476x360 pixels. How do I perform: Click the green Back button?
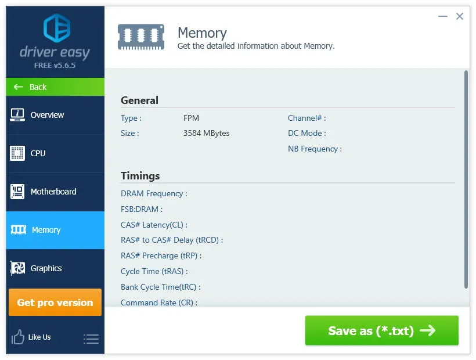pos(55,87)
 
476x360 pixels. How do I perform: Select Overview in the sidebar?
pos(55,115)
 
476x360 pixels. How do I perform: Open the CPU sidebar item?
pos(55,153)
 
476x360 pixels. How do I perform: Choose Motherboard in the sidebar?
pos(55,192)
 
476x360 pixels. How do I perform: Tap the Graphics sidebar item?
pos(55,268)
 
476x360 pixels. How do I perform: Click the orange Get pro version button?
pos(55,303)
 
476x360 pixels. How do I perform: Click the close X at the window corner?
pos(460,16)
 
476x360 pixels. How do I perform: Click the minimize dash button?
pos(443,16)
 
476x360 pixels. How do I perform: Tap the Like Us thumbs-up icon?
pos(17,337)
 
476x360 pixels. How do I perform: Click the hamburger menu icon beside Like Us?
pos(91,339)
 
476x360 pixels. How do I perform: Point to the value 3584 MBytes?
pos(207,133)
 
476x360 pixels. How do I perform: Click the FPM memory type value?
pos(191,118)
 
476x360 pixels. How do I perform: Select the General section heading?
pos(139,100)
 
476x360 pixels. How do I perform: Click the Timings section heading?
pos(140,176)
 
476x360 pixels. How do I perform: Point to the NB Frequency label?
pos(315,149)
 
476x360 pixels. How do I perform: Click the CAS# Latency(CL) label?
pos(154,225)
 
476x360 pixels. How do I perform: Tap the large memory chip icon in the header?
pos(141,37)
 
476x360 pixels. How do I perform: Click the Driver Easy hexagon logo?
pos(57,28)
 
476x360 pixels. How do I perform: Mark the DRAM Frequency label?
pos(154,194)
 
